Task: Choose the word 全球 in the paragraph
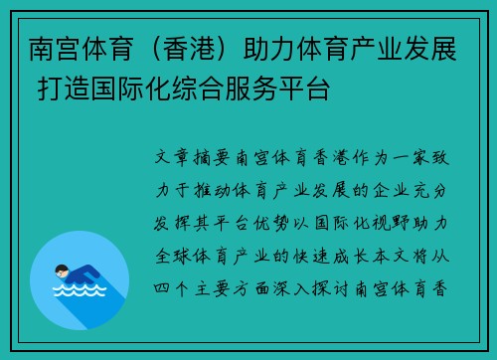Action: [169, 256]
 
